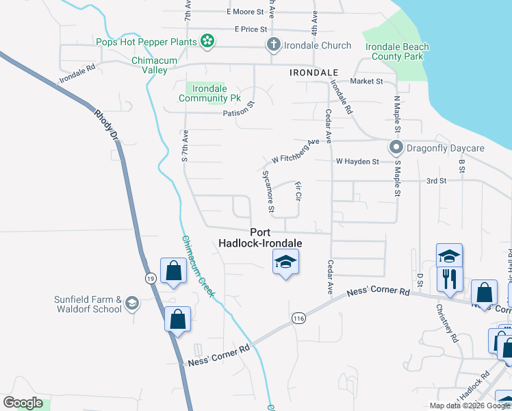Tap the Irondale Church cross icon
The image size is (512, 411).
tap(273, 45)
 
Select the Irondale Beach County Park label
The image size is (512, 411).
tap(397, 51)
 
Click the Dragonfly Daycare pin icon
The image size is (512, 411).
tap(395, 147)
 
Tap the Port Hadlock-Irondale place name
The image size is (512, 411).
tap(260, 238)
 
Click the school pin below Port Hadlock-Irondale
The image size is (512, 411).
tap(285, 261)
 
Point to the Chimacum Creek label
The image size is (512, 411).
tap(199, 267)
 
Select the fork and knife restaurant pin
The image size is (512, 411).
tap(450, 278)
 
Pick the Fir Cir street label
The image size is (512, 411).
tap(298, 191)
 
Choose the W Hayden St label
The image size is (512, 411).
tap(357, 162)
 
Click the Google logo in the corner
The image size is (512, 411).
tap(23, 403)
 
